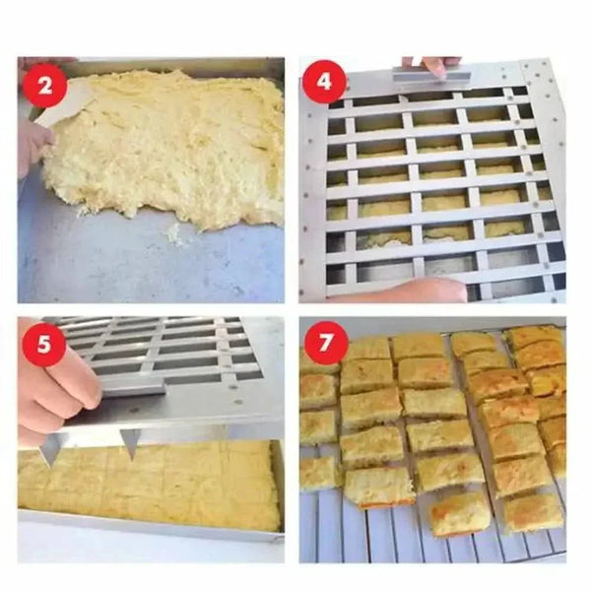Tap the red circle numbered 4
pyautogui.click(x=323, y=81)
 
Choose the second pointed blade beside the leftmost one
pyautogui.click(x=129, y=441)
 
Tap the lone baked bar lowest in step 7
pyautogui.click(x=460, y=512)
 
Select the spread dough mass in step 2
pyautogui.click(x=167, y=148)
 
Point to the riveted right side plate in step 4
pyautogui.click(x=548, y=177)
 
